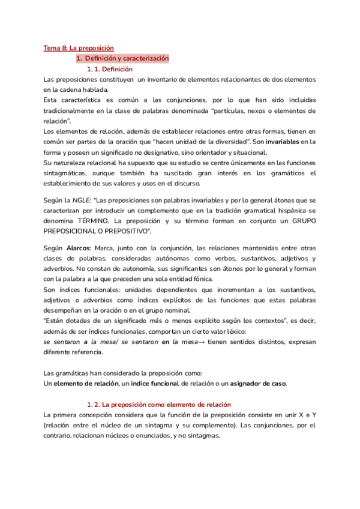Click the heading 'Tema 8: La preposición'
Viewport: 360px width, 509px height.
(79, 47)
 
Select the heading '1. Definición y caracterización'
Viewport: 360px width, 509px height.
(122, 58)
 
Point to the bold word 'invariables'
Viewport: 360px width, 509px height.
(282, 142)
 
